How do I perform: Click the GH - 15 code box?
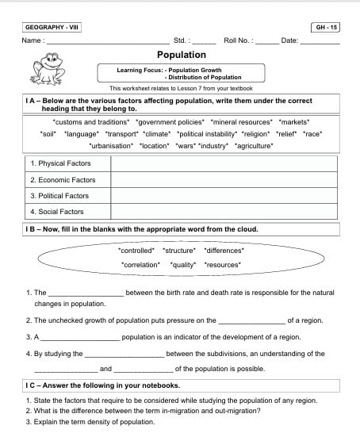[x=326, y=27]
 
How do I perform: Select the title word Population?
[x=181, y=55]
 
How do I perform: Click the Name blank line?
[x=107, y=40]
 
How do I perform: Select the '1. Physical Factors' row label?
[x=60, y=163]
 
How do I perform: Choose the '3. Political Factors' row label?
[x=59, y=196]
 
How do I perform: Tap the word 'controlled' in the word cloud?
[x=136, y=250]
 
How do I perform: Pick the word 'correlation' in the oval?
[x=140, y=264]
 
